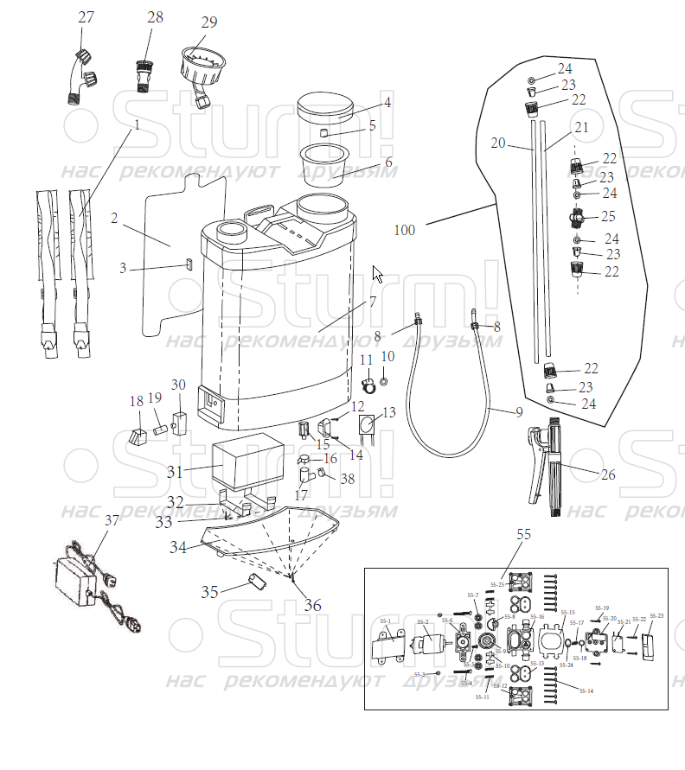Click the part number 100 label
click(403, 231)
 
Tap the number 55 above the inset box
click(523, 535)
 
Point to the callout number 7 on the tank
click(373, 302)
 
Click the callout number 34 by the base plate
click(178, 546)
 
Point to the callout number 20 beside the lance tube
click(497, 143)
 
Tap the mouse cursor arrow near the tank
click(376, 274)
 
